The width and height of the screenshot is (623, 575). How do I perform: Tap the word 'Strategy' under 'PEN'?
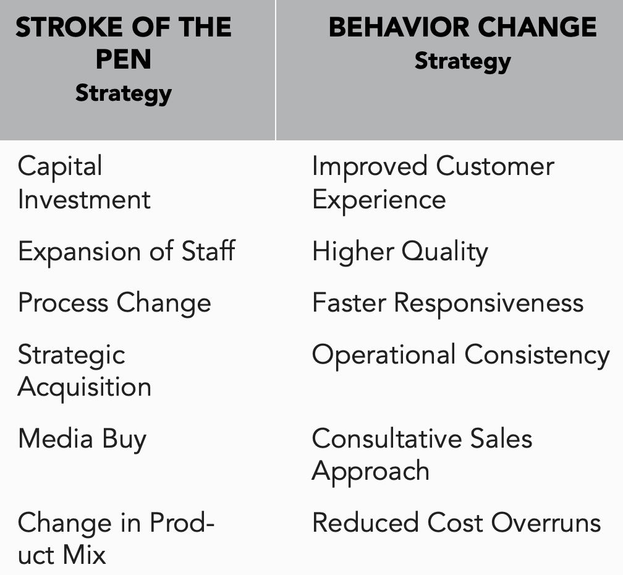[124, 94]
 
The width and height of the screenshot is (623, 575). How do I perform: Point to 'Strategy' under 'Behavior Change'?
[463, 62]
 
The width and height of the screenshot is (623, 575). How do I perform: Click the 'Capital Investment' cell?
[84, 182]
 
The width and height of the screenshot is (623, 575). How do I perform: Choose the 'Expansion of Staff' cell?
[127, 252]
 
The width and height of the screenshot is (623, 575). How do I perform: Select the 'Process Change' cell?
[114, 303]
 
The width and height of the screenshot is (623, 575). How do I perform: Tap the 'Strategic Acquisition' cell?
[84, 371]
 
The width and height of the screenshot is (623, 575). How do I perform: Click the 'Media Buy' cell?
[82, 440]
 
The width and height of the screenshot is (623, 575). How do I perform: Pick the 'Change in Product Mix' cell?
[116, 539]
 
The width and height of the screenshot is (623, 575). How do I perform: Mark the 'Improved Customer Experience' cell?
[433, 182]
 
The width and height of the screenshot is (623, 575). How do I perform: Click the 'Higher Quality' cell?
[400, 252]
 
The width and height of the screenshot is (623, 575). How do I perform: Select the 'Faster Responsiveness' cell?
[447, 303]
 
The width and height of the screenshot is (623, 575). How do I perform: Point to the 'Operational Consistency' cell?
[461, 355]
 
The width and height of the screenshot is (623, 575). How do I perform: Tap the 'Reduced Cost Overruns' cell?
[457, 522]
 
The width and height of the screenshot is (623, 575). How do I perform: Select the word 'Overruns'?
[546, 522]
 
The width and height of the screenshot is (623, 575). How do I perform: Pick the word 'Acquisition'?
[85, 388]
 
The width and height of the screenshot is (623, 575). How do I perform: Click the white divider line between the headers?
[276, 70]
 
